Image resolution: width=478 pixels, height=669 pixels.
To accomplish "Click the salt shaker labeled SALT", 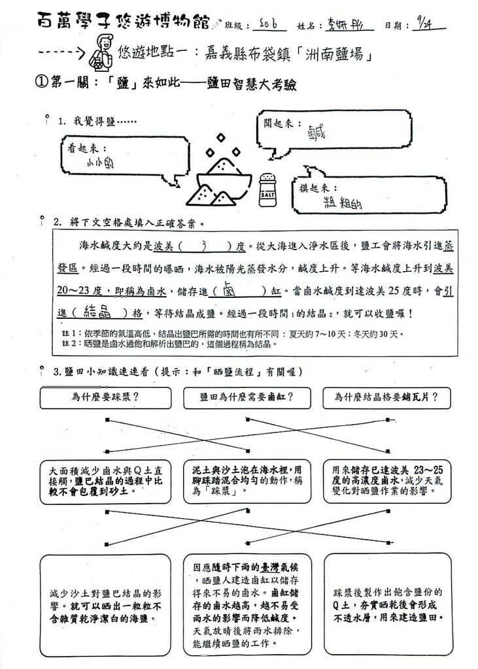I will [x=267, y=189].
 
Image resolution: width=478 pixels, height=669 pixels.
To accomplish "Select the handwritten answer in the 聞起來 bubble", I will [x=316, y=135].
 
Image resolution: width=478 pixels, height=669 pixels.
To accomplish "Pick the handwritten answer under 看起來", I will [x=101, y=165].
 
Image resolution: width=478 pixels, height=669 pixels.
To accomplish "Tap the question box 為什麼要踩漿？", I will [x=105, y=397].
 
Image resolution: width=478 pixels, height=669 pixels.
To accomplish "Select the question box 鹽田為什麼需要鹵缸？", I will [x=247, y=397].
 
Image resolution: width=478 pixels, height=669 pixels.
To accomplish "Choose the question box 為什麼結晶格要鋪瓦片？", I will [x=386, y=397].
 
